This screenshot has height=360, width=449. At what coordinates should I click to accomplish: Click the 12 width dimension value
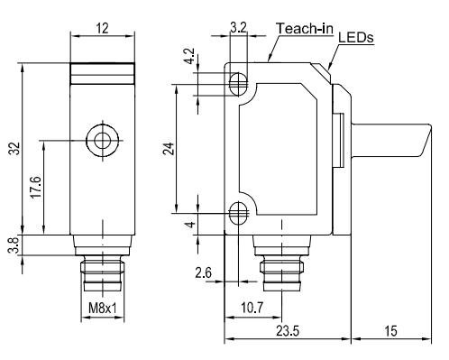(x=102, y=28)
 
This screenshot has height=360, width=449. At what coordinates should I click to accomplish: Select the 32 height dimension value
(x=14, y=148)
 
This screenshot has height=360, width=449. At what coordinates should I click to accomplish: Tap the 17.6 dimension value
(x=36, y=187)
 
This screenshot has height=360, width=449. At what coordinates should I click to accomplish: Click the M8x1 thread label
(x=103, y=308)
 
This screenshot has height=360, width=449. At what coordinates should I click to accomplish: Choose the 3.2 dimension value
(x=239, y=28)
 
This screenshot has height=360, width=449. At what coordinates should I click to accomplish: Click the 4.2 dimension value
(x=190, y=56)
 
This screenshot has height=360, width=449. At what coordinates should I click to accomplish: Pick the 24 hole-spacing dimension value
(x=169, y=148)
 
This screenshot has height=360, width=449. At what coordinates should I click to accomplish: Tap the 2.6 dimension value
(x=204, y=273)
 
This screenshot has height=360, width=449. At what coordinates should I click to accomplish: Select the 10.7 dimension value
(x=252, y=308)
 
